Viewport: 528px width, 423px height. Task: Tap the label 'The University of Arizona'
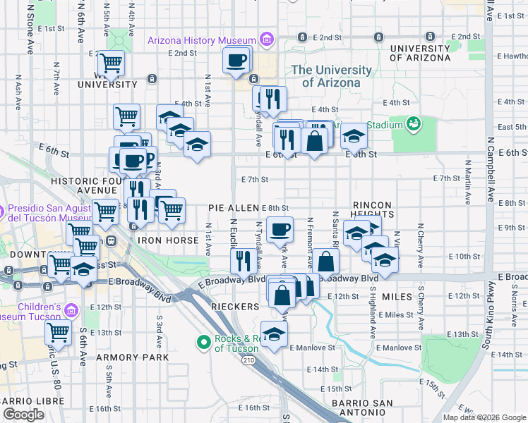pos(331,76)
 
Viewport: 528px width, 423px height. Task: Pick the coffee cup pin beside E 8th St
pos(280,229)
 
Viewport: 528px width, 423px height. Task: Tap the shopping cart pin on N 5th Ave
pos(111,63)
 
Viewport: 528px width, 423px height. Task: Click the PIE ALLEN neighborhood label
pos(234,208)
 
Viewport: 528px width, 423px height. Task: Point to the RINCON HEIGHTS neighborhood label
pos(371,209)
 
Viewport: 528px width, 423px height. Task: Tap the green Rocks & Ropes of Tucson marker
pos(204,343)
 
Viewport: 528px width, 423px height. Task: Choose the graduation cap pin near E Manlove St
pos(274,335)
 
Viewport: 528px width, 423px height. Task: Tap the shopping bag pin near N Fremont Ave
pos(327,262)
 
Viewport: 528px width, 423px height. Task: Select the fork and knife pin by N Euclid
pos(243,261)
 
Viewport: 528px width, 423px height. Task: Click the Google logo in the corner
pos(23,415)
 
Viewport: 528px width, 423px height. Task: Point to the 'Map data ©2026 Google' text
pos(484,417)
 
